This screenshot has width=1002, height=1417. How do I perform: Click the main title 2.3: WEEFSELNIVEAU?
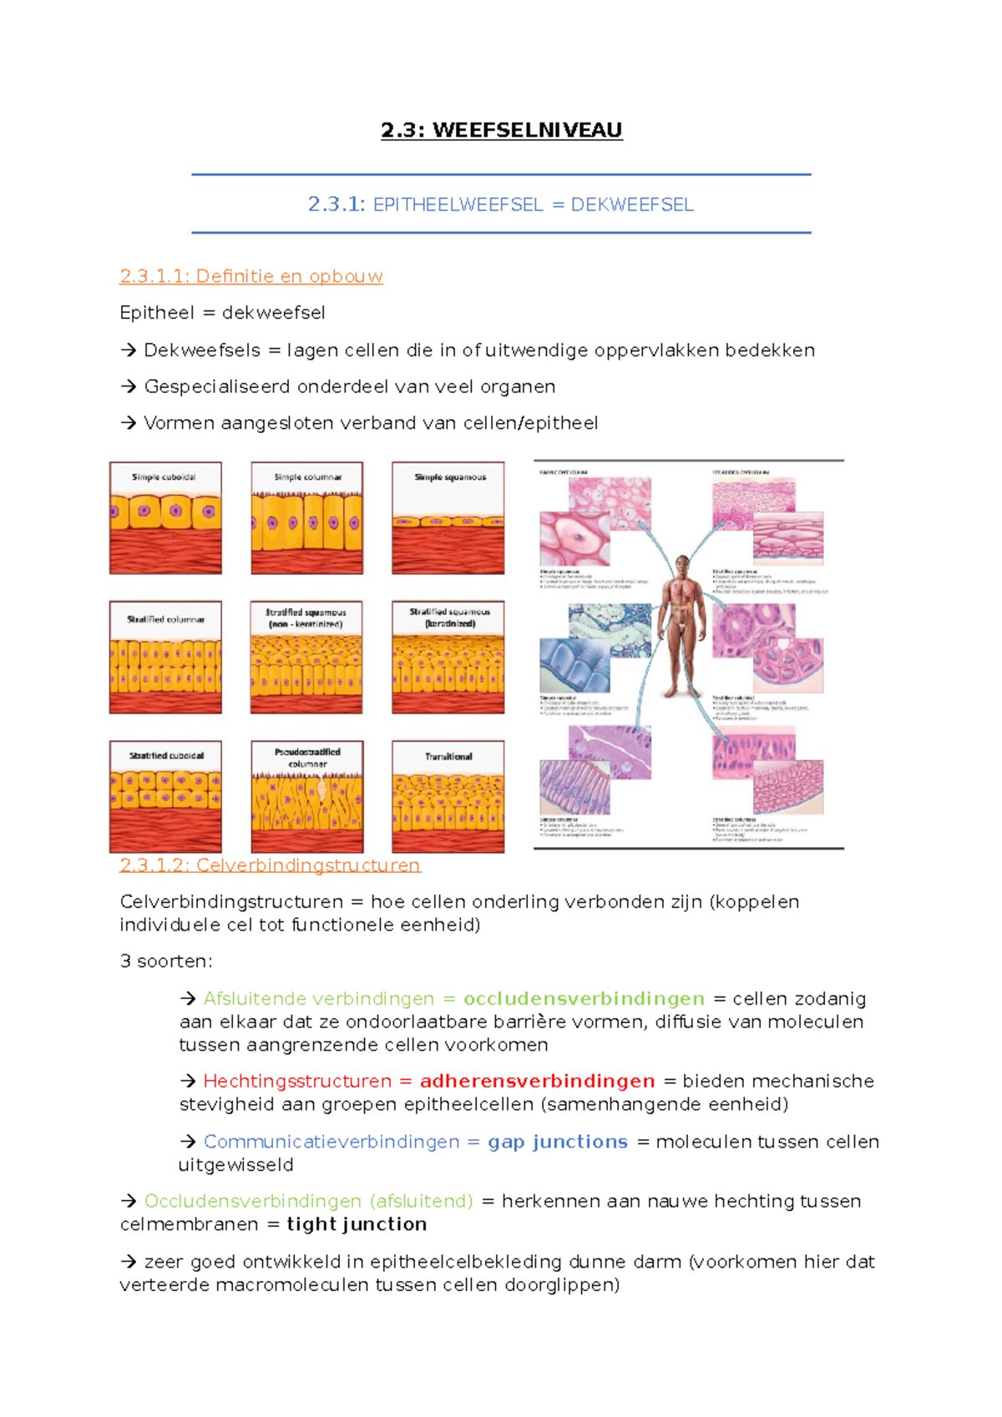pyautogui.click(x=501, y=130)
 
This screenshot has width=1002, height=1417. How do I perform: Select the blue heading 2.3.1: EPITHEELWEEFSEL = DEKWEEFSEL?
pyautogui.click(x=501, y=204)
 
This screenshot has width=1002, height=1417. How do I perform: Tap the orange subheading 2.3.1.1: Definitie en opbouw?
pyautogui.click(x=250, y=276)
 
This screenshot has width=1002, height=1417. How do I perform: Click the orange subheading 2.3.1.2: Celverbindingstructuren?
pyautogui.click(x=270, y=865)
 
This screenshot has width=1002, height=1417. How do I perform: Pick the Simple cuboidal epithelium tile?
pyautogui.click(x=165, y=518)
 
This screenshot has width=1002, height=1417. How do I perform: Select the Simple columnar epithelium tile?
pyautogui.click(x=307, y=518)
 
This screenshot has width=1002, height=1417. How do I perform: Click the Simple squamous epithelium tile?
pyautogui.click(x=448, y=518)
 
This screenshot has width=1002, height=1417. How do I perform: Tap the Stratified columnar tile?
pyautogui.click(x=165, y=658)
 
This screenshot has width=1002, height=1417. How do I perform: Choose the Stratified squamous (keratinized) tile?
pyautogui.click(x=448, y=658)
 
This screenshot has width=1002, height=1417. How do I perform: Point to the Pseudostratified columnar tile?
pyautogui.click(x=307, y=797)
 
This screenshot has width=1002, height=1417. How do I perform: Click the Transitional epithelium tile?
pyautogui.click(x=448, y=797)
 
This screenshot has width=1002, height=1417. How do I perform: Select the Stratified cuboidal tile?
pyautogui.click(x=165, y=797)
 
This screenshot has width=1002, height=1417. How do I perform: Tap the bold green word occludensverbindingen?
pyautogui.click(x=584, y=999)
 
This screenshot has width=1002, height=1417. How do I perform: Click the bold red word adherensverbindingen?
pyautogui.click(x=537, y=1082)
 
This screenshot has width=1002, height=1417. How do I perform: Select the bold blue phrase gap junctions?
pyautogui.click(x=557, y=1142)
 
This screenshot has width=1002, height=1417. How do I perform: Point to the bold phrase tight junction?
pyautogui.click(x=357, y=1224)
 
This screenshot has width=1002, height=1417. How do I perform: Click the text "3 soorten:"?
pyautogui.click(x=166, y=961)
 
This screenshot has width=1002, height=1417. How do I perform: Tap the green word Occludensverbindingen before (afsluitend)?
pyautogui.click(x=252, y=1201)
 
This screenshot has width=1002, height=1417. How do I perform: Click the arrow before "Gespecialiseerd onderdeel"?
pyautogui.click(x=129, y=387)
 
